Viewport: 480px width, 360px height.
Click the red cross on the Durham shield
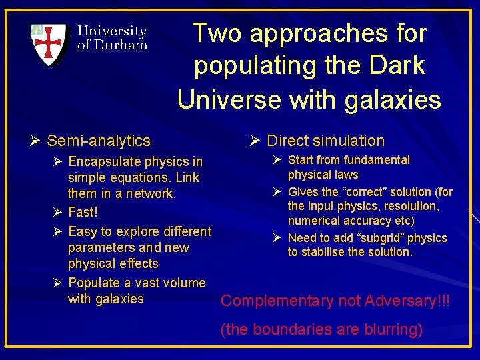49,43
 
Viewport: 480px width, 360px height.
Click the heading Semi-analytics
99,141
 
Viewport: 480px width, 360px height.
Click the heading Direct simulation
325,141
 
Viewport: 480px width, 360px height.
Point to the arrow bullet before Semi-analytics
36,141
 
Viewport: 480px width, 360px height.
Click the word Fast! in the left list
83,213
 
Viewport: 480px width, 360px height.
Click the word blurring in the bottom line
393,329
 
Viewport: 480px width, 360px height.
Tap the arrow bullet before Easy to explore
57,231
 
